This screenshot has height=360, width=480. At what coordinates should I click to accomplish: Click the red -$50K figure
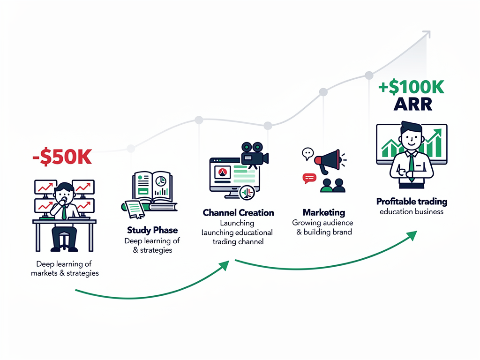tap(62, 157)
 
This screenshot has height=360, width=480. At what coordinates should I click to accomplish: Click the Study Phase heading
tap(152, 230)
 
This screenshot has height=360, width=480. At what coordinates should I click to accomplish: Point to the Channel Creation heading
tap(238, 213)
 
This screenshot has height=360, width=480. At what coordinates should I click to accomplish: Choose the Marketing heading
tap(323, 213)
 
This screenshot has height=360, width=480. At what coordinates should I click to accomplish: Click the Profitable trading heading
tap(412, 202)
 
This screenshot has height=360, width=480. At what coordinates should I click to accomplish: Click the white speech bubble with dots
tap(307, 152)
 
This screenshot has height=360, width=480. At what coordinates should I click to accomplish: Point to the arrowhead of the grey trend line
tap(427, 34)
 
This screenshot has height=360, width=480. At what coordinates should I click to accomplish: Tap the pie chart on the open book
tap(161, 180)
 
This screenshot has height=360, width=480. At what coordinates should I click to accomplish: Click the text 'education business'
tap(412, 211)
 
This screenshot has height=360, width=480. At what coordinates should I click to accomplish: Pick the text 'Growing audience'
tap(322, 223)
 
